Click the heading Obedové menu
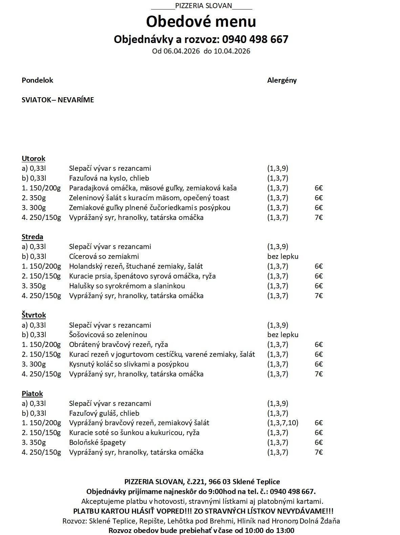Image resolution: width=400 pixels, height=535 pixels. click(x=201, y=21)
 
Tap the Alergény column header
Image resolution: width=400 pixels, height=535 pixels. click(x=282, y=80)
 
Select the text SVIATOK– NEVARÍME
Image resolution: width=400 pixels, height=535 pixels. click(x=58, y=100)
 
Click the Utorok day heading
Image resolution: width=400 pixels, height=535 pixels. click(x=33, y=159)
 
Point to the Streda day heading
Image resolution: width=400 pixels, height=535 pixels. click(x=32, y=237)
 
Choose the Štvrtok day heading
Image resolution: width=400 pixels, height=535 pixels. click(x=34, y=315)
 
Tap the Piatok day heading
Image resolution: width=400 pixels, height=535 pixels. click(x=32, y=394)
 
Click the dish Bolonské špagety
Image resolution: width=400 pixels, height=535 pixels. click(x=97, y=443)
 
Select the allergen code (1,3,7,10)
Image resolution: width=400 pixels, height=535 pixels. click(x=282, y=423)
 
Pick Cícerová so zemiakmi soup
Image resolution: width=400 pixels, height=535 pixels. click(x=104, y=256)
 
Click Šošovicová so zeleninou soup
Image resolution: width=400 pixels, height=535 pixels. click(x=108, y=335)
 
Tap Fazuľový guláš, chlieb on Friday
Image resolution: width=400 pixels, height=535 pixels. click(x=104, y=413)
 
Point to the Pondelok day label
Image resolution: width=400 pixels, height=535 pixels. click(x=37, y=80)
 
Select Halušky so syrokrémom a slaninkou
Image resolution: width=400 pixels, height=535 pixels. click(x=127, y=286)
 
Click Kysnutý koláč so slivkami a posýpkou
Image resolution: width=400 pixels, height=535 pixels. click(x=129, y=364)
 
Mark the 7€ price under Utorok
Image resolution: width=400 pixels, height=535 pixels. click(x=318, y=218)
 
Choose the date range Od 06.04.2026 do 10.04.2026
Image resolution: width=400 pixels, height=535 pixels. click(x=201, y=51)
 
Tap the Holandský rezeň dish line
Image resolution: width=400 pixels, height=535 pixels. click(x=136, y=266)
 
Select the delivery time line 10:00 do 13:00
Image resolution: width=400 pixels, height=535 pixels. click(x=201, y=530)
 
